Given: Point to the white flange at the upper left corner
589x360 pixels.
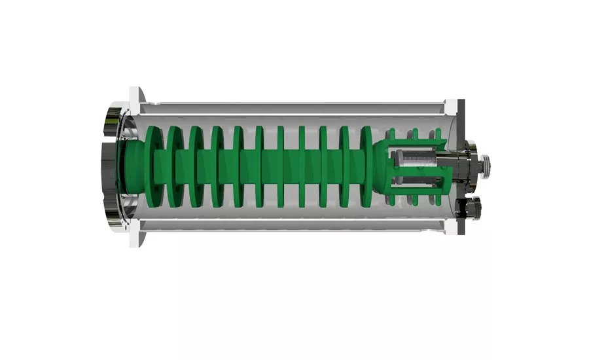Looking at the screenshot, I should coord(137,98).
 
